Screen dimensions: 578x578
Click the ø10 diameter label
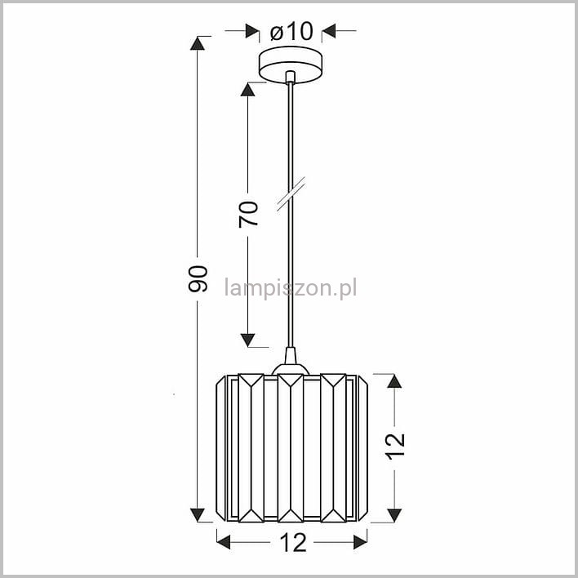pos(291,31)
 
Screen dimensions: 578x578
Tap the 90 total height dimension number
pos(198,279)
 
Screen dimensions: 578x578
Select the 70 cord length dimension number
pos(248,214)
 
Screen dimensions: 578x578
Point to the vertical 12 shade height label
pos(395,447)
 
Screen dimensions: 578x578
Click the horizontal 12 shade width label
pos(293,543)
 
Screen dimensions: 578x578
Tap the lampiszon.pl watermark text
pos(291,288)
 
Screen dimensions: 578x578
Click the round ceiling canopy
pos(291,64)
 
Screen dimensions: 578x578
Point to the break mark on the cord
pos(291,194)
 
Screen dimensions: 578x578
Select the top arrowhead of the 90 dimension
pos(198,43)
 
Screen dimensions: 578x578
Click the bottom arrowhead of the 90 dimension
pos(198,515)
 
